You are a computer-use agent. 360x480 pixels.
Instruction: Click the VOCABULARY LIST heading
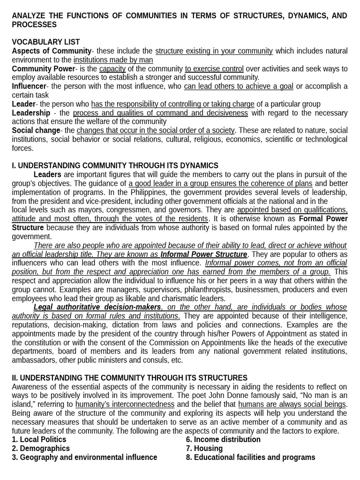[x=45, y=42]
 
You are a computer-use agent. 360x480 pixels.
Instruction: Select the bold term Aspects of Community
[x=52, y=51]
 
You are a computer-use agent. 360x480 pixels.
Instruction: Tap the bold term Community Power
[x=43, y=69]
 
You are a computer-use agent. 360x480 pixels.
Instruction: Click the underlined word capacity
[x=112, y=69]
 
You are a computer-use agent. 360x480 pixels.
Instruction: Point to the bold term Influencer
[x=29, y=86]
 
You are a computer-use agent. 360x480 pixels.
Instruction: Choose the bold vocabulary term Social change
[x=36, y=130]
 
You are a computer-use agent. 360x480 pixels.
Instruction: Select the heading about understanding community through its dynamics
[x=115, y=165]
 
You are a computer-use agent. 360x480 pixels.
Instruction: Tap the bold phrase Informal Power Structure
[x=203, y=255]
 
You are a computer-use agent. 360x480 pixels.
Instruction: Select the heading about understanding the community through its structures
[x=129, y=378]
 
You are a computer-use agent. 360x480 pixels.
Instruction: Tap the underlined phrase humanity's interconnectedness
[x=125, y=405]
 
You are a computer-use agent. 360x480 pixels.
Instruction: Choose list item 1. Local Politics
[x=39, y=440]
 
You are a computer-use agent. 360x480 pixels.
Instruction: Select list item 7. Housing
[x=204, y=449]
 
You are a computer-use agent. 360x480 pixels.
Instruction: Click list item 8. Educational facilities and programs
[x=250, y=457]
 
